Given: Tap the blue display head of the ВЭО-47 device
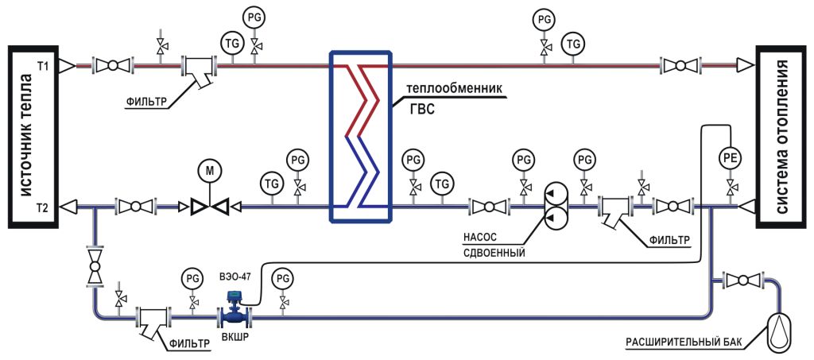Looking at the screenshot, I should (235, 296).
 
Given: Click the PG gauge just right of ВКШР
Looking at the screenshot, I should (282, 278).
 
